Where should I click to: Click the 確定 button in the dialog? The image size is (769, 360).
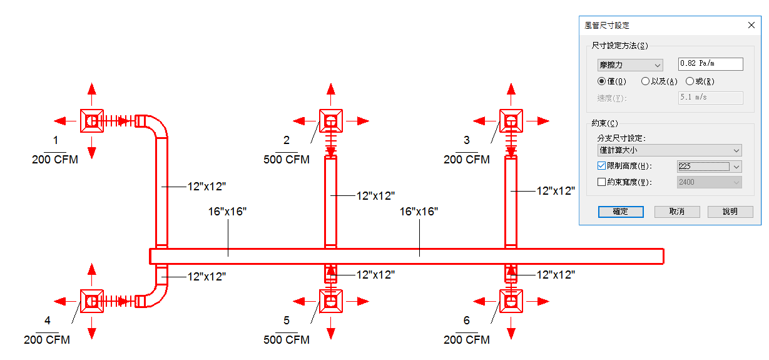621,212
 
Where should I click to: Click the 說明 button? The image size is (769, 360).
730,212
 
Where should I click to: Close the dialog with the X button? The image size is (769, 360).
751,26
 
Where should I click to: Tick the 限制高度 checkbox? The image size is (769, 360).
602,167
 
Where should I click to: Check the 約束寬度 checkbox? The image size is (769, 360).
602,182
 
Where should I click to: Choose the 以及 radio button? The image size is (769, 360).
645,81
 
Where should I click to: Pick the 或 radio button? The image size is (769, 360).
690,81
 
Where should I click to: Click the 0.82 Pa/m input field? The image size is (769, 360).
711,64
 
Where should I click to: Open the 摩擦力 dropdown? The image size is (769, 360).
630,65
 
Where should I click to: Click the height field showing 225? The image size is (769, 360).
703,167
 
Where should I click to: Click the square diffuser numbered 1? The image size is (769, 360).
92,120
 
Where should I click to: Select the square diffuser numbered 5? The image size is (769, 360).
331,301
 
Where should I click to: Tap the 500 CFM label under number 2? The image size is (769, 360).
287,160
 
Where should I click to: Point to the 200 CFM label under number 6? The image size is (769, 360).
467,340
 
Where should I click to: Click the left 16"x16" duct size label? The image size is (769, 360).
227,212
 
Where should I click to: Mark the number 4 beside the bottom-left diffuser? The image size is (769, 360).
48,321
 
